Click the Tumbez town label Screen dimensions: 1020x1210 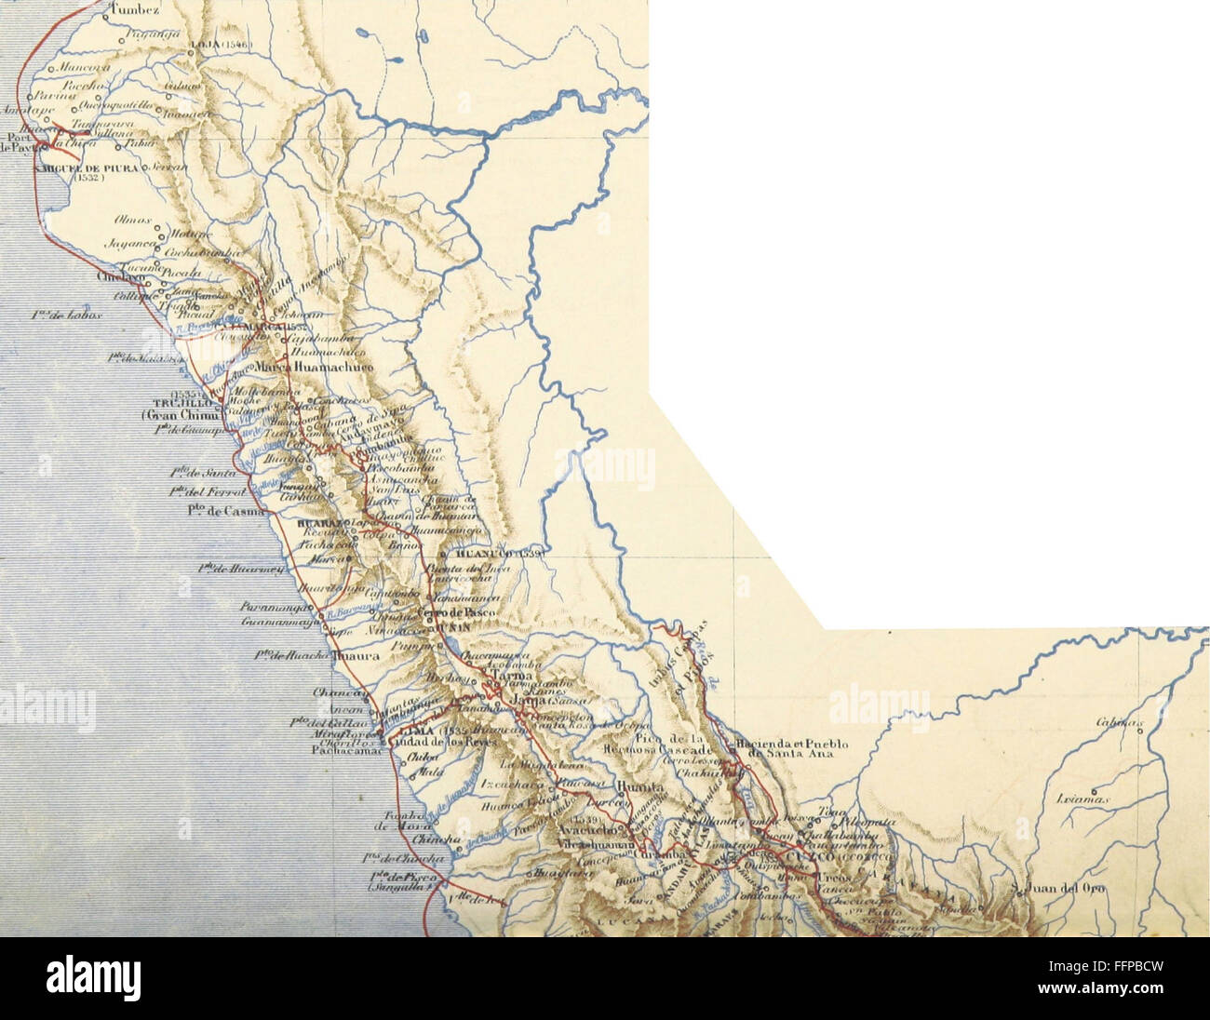click(136, 10)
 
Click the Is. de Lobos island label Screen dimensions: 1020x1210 click(60, 315)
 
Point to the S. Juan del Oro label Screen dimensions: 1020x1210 click(1069, 889)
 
